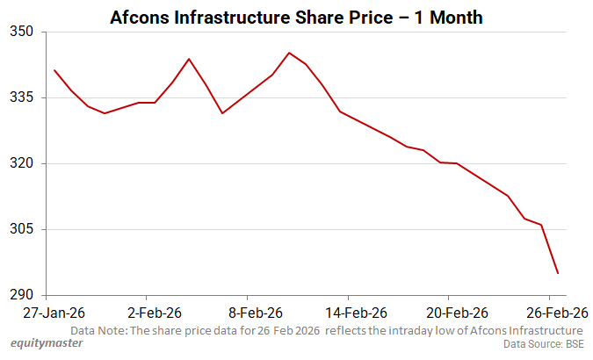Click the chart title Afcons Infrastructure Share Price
coord(295,18)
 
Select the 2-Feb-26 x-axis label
coord(155,313)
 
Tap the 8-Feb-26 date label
coord(256,313)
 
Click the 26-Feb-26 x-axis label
coord(556,313)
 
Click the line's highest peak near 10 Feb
coord(289,53)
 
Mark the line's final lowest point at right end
coord(558,273)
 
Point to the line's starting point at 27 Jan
coord(54,70)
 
